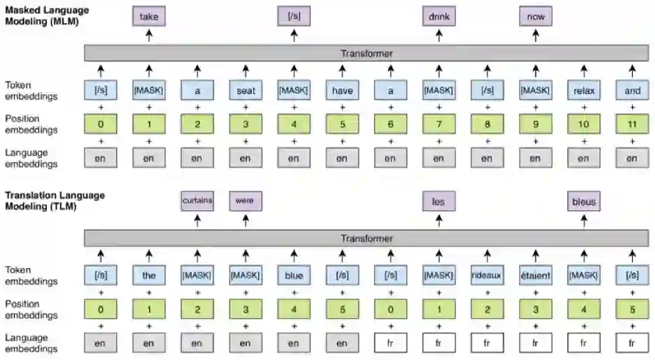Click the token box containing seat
coord(245,90)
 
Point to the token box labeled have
coord(342,90)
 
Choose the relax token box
coord(584,90)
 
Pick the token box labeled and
coord(632,90)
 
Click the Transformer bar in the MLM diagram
coord(366,53)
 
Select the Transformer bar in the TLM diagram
coord(366,239)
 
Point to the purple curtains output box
coord(197,202)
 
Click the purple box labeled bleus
coord(584,202)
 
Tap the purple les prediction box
coord(439,202)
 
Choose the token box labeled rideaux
coord(487,276)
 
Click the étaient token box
coord(536,276)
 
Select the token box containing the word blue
coord(294,276)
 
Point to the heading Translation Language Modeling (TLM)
coord(54,200)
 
